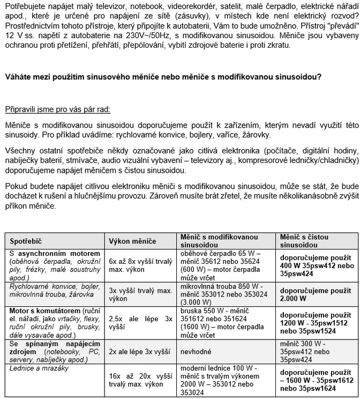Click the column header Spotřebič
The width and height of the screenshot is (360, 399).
pos(26,241)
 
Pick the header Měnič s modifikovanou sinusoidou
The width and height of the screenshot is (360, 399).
pos(219,241)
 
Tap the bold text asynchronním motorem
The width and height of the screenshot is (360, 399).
pos(59,253)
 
